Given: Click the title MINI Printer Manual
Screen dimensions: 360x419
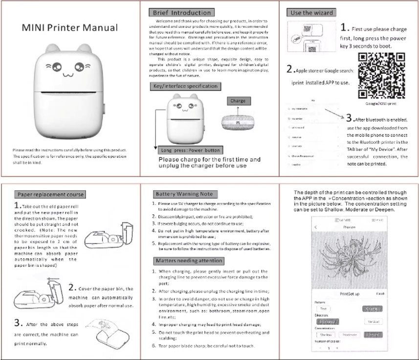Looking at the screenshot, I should [x=70, y=28].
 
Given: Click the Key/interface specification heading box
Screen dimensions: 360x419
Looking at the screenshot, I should [x=185, y=86].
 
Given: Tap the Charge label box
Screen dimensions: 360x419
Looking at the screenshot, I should [x=238, y=101].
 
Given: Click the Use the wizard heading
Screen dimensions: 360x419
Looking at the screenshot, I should [x=311, y=13].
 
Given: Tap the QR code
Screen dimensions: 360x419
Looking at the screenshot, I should [x=382, y=75].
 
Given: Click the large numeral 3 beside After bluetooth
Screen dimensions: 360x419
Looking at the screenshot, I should [x=349, y=118].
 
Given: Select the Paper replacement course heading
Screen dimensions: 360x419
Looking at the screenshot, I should [x=49, y=194].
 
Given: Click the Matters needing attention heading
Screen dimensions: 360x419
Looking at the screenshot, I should [x=188, y=261].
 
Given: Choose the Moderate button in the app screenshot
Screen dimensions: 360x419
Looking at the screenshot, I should [x=349, y=335].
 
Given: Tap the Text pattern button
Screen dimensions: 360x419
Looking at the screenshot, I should [x=323, y=309].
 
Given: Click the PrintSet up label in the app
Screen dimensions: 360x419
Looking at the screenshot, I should [x=349, y=294].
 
